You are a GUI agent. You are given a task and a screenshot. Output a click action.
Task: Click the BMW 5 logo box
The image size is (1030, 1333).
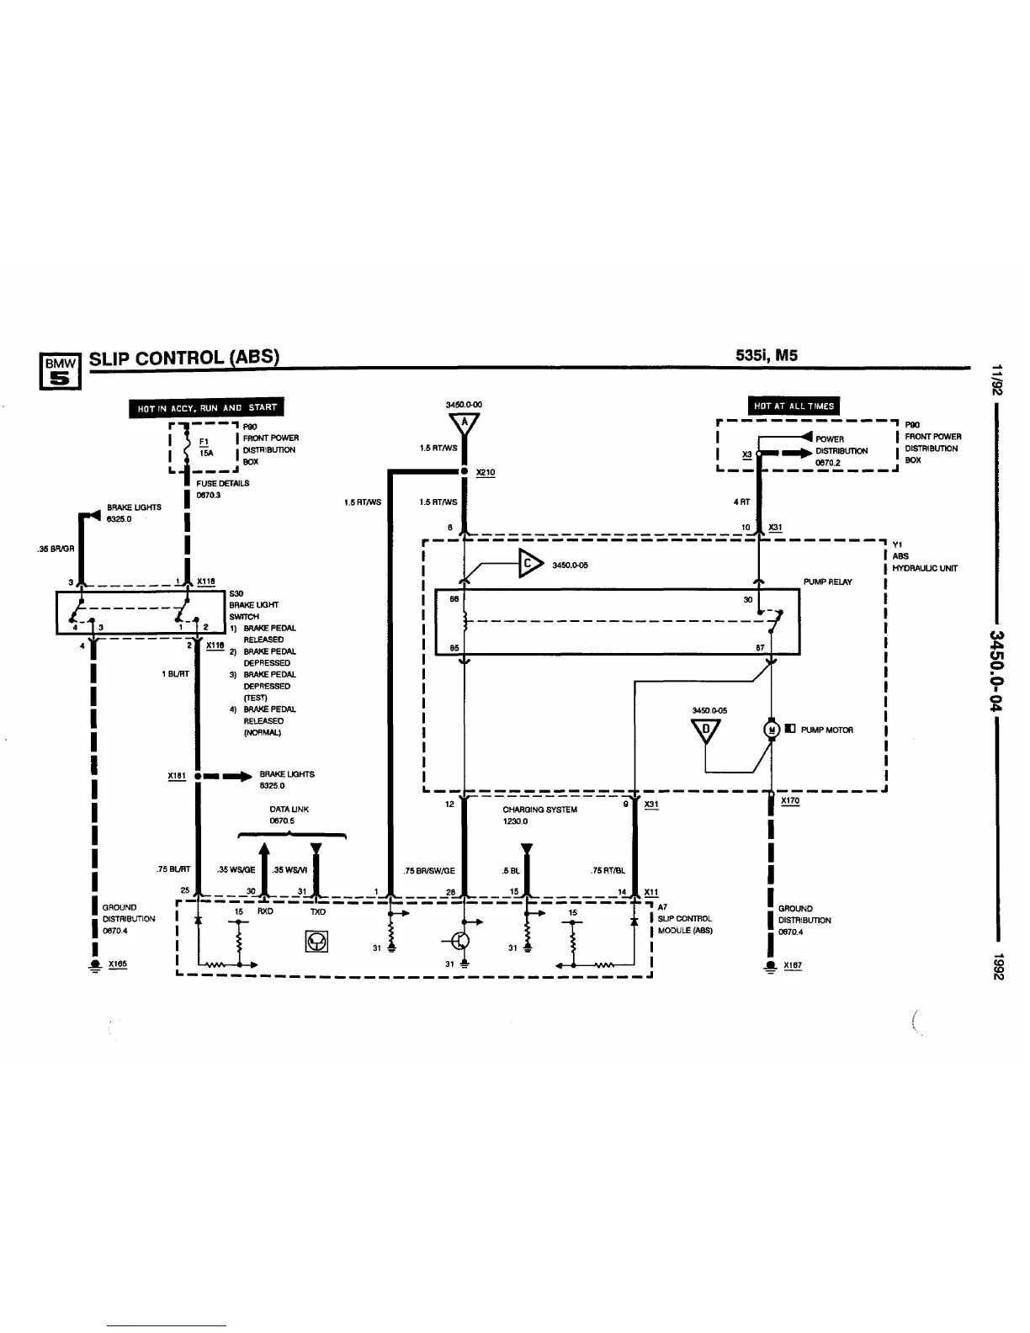pos(61,370)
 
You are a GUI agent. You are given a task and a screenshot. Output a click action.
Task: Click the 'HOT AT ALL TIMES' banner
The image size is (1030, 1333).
pos(794,406)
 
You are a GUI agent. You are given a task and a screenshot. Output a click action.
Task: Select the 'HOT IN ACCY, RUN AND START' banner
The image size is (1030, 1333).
pos(206,407)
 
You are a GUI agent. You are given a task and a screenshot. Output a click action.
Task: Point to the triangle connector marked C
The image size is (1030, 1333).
pos(530,563)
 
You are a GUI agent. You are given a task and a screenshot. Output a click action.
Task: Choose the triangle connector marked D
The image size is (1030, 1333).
pos(706,730)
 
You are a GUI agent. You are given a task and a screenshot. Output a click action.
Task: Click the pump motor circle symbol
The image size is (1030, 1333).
pos(771,730)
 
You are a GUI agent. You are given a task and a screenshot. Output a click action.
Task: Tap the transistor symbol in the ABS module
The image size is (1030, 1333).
pos(460,941)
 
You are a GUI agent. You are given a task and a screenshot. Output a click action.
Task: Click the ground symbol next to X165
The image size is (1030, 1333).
pos(95,967)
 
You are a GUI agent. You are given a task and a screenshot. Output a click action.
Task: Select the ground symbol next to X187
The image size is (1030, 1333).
pos(771,967)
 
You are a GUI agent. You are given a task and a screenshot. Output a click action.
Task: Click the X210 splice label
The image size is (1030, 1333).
pos(486,473)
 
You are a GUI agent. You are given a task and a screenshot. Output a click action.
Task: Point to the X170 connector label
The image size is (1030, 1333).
pos(791,801)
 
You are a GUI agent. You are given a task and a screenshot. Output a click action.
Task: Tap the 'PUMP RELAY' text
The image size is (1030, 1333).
pos(827,582)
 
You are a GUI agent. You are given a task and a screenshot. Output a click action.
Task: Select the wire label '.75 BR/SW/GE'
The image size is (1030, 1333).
pos(429,871)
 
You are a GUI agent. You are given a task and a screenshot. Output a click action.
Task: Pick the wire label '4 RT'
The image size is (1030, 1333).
pos(741,502)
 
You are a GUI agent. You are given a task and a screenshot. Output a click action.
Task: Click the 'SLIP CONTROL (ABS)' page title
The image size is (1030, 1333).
pos(183,357)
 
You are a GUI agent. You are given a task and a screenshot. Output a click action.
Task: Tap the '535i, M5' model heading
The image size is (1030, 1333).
pos(766,355)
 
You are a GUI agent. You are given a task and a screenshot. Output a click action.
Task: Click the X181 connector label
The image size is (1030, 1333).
pos(176,776)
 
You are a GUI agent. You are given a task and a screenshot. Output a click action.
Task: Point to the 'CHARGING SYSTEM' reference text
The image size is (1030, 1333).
pos(539,810)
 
